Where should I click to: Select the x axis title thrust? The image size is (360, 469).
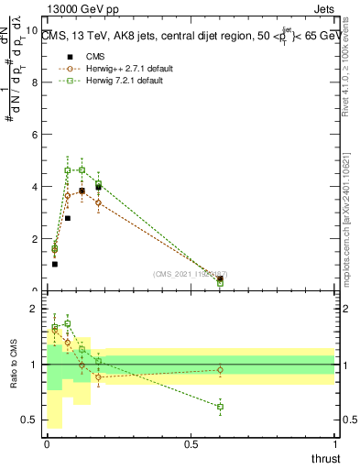[x=324, y=457]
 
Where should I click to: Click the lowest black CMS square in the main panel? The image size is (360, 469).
[x=55, y=264]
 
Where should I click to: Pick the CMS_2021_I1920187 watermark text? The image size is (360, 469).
[x=190, y=274]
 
